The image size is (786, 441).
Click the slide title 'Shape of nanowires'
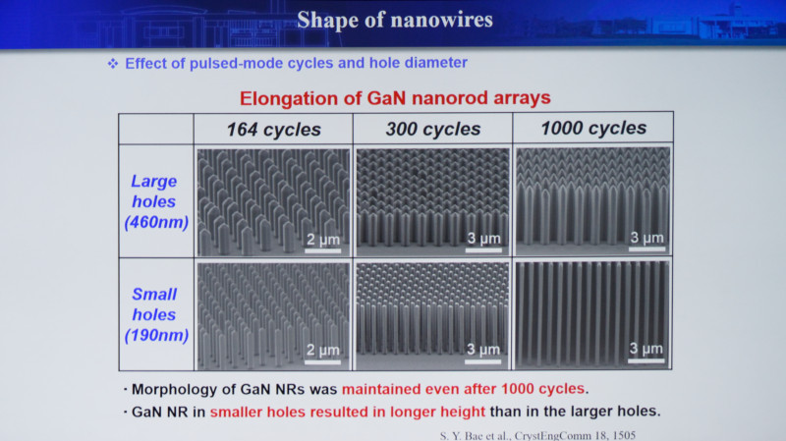395,20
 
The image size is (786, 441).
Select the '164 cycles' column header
274,130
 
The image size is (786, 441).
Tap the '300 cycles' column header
433,130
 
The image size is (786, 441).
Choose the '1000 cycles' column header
593,129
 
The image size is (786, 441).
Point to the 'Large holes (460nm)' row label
156,201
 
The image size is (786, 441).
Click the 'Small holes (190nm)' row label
156,314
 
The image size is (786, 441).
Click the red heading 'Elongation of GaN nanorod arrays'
395,97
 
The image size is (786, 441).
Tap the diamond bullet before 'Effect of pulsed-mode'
113,64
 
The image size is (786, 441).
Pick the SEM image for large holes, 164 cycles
273,202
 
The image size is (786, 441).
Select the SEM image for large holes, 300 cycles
432,201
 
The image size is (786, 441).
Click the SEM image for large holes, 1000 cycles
593,200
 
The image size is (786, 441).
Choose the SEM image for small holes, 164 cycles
273,316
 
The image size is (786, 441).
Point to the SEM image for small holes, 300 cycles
432,315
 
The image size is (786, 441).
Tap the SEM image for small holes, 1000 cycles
593,314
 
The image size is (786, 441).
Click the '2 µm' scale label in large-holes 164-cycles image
323,240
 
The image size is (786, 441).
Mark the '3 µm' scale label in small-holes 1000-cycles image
646,349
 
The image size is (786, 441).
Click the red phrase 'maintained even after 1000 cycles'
463,389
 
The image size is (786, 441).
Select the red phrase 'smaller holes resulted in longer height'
348,412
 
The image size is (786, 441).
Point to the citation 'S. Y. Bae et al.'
476,435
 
